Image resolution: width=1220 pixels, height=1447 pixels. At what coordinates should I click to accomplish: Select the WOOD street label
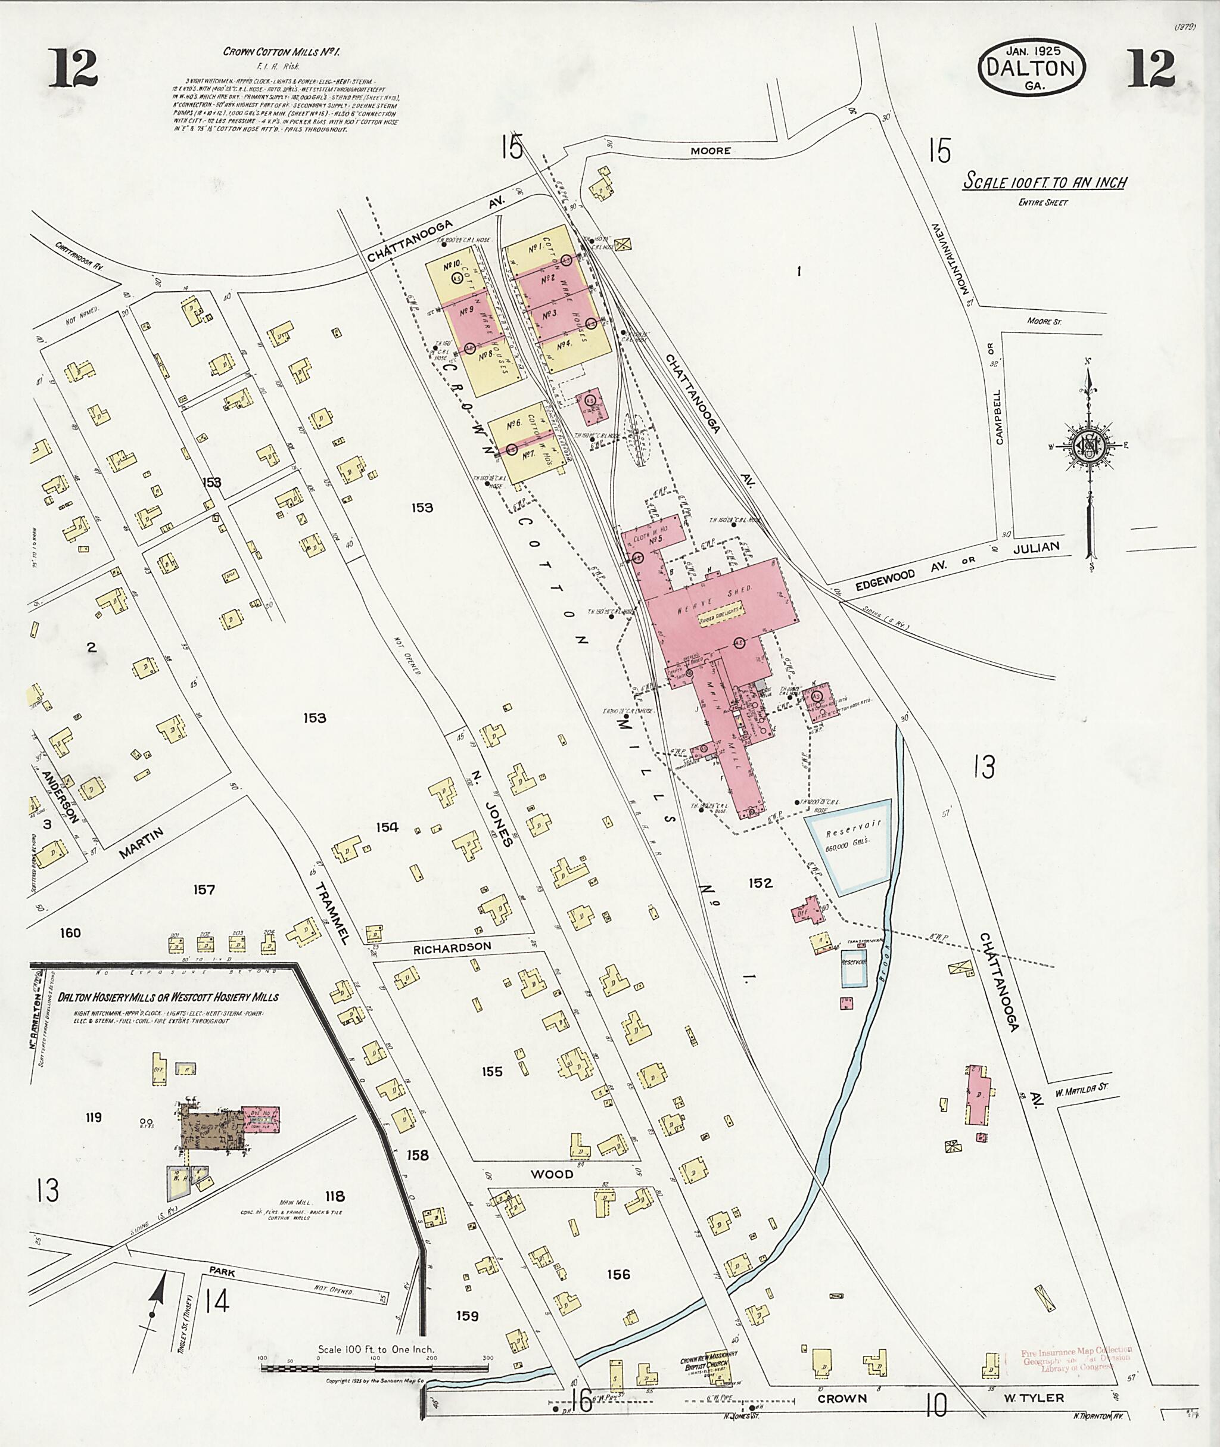pos(553,1173)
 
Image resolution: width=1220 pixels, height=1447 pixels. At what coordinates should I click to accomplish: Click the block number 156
pos(618,1274)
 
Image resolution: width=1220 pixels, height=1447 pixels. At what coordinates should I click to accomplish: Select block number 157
pos(205,889)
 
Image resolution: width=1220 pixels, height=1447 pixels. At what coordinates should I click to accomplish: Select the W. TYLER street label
pos(1035,1412)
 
